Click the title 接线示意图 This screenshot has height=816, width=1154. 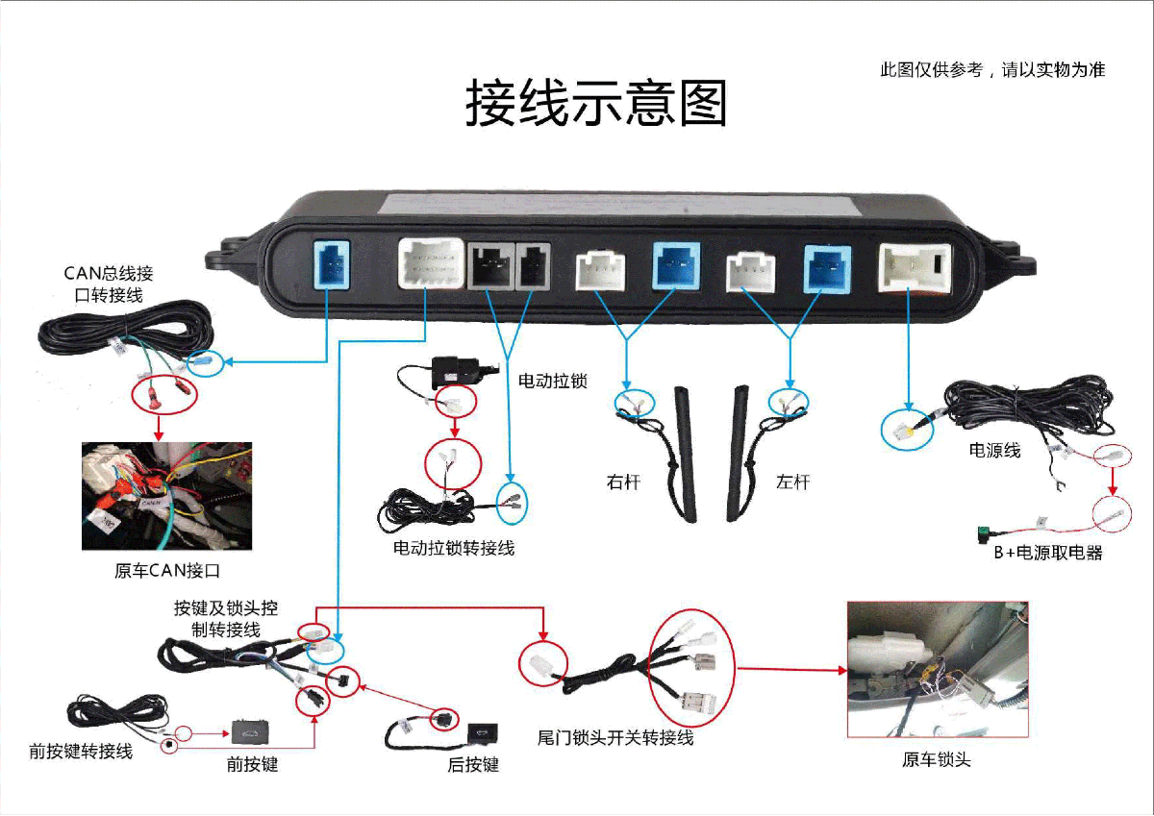(596, 103)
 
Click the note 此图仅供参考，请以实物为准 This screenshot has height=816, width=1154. (992, 69)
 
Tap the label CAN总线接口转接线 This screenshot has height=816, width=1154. (108, 284)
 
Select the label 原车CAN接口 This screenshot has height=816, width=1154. (167, 571)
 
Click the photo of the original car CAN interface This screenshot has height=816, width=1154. (166, 496)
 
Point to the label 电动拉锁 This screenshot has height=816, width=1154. (553, 381)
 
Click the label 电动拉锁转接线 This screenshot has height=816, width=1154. (454, 548)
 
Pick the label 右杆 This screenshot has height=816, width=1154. (623, 482)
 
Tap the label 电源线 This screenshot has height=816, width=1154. (995, 450)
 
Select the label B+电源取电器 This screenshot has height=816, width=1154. (1048, 553)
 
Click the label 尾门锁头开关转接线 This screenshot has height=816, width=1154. (615, 738)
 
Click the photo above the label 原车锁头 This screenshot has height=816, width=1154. (938, 669)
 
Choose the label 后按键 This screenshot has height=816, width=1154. (473, 765)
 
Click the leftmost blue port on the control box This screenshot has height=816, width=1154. (331, 265)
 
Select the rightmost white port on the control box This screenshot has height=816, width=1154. (915, 266)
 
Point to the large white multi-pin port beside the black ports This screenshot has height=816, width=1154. (430, 264)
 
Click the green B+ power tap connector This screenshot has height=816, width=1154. (985, 530)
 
